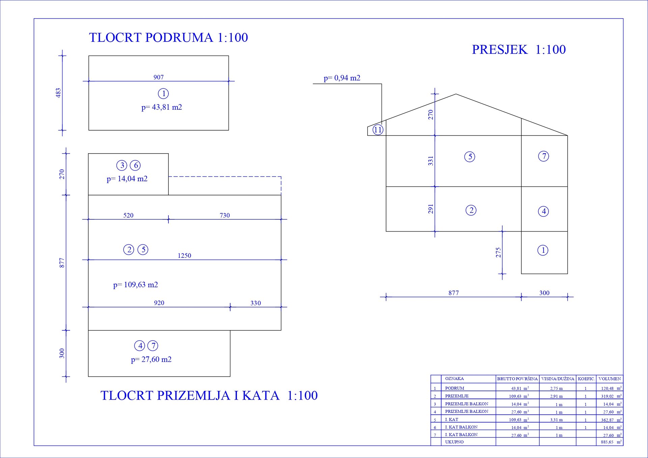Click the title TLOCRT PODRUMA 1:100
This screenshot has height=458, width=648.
pyautogui.click(x=168, y=37)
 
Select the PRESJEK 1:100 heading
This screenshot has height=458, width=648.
pyautogui.click(x=519, y=50)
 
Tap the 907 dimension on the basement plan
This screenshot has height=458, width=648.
pyautogui.click(x=159, y=77)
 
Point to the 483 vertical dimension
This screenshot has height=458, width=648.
pyautogui.click(x=58, y=93)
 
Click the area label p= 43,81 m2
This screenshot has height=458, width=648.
pyautogui.click(x=162, y=107)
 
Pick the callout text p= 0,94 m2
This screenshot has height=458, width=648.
pyautogui.click(x=342, y=78)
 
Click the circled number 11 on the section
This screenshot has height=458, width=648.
pyautogui.click(x=378, y=130)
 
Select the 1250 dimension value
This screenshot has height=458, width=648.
pyautogui.click(x=184, y=255)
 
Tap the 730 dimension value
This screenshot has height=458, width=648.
pyautogui.click(x=225, y=215)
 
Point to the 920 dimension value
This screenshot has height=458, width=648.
pyautogui.click(x=159, y=303)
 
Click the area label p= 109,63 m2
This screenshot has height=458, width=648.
pyautogui.click(x=135, y=285)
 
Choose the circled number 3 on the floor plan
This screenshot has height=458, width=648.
pyautogui.click(x=122, y=165)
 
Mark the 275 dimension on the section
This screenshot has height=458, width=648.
pyautogui.click(x=498, y=252)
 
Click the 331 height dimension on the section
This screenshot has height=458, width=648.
pyautogui.click(x=431, y=161)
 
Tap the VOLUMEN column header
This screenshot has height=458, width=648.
pyautogui.click(x=610, y=379)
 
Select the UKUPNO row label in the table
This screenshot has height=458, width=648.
pyautogui.click(x=454, y=442)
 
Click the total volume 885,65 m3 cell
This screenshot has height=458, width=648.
pyautogui.click(x=611, y=442)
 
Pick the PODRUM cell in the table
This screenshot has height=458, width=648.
pyautogui.click(x=455, y=388)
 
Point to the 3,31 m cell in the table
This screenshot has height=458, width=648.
pyautogui.click(x=557, y=420)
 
